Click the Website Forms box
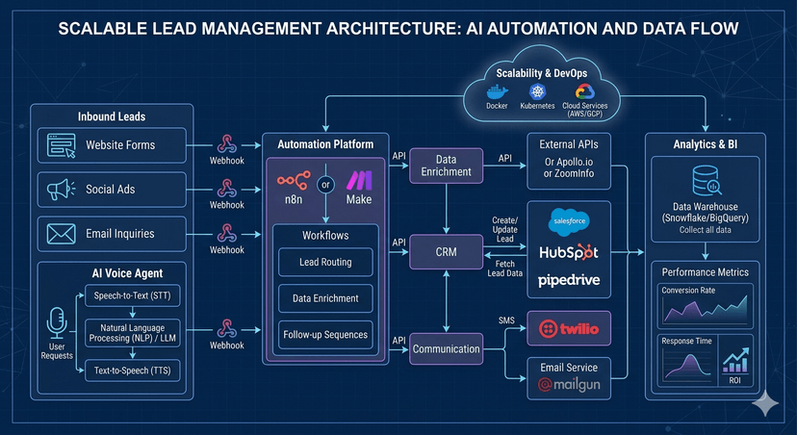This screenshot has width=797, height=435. point(114,146)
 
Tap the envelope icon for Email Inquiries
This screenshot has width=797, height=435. point(61,234)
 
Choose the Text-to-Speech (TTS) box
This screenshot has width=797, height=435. point(134,370)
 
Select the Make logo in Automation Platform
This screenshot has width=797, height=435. point(358,180)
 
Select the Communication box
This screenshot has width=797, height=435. point(446,349)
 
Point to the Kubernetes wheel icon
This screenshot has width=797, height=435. point(536,90)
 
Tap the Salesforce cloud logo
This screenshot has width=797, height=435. point(568,222)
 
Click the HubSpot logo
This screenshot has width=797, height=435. point(568,252)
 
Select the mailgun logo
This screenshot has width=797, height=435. point(570,385)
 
